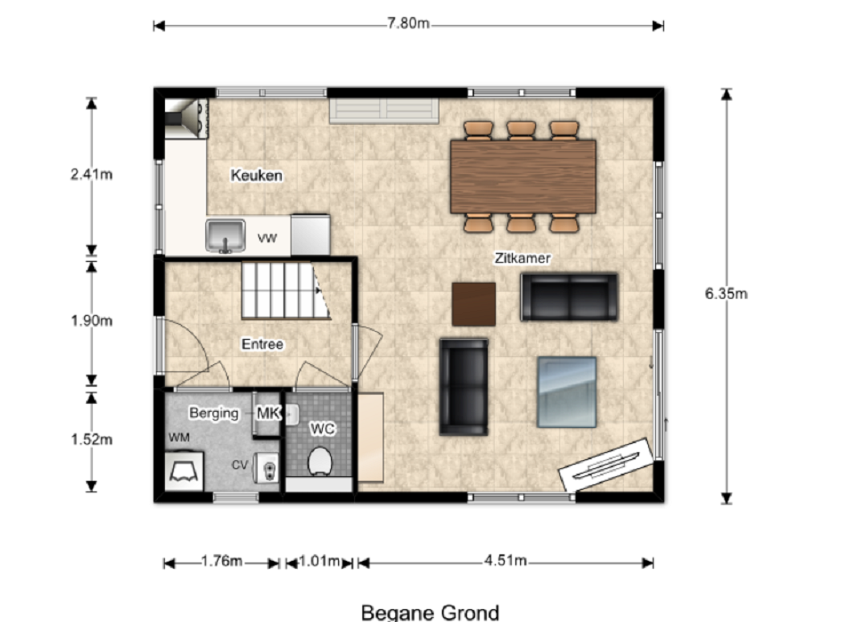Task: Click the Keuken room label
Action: pos(256,176)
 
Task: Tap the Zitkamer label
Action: pos(522,258)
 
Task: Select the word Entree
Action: pos(262,344)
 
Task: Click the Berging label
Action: pos(214,413)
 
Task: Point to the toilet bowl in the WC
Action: pos(320,461)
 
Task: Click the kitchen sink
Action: pos(225,235)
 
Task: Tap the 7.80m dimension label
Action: pos(408,23)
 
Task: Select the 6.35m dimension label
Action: pos(726,293)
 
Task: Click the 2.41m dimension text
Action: pos(91,174)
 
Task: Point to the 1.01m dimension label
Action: pos(319,562)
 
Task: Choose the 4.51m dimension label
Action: pos(506,560)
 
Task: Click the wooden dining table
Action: pos(523,176)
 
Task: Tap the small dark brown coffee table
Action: pos(473,305)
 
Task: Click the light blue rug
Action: pos(567,392)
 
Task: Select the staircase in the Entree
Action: pos(285,290)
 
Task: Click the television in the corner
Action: pos(607,464)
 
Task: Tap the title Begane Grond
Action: pos(430,613)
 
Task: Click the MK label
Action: pos(269,413)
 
